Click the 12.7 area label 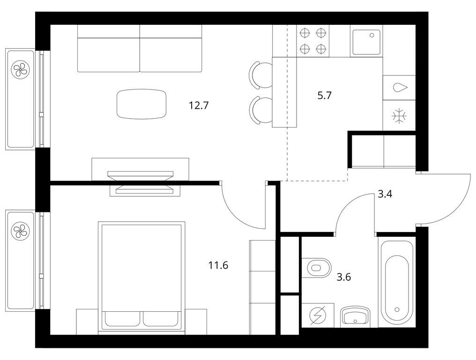click(x=198, y=105)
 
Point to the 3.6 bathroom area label click(x=344, y=277)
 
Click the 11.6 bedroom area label click(x=218, y=266)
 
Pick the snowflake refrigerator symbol click(x=399, y=116)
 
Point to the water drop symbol click(x=399, y=87)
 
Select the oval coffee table click(x=141, y=104)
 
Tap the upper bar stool click(x=259, y=75)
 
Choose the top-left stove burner click(x=305, y=33)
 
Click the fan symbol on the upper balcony click(x=20, y=71)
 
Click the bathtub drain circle click(x=397, y=309)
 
